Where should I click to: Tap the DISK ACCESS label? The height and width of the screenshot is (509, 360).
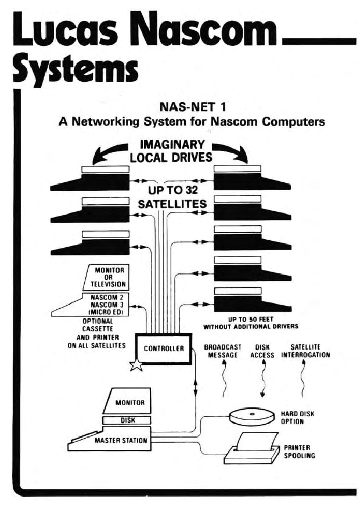click(262, 351)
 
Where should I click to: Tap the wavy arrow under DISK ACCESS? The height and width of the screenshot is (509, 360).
click(262, 380)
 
